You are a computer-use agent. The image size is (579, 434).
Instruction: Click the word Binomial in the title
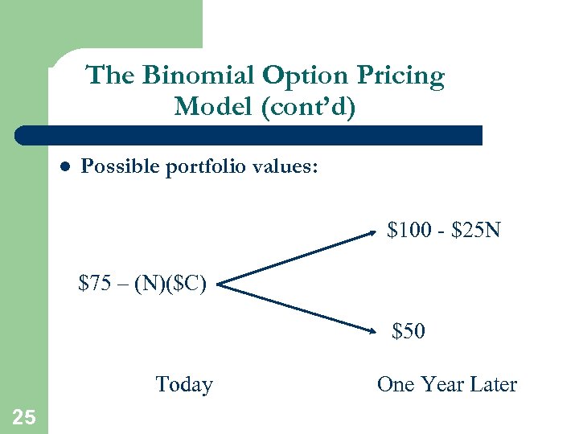coord(199,76)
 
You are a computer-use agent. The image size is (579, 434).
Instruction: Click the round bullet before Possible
coord(66,167)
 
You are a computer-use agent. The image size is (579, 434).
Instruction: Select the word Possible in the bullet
coord(121,167)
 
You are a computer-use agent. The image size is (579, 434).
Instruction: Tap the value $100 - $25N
coord(443,231)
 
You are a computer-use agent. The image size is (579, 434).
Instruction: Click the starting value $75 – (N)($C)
coord(143,283)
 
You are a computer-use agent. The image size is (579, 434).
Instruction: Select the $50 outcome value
coord(409,330)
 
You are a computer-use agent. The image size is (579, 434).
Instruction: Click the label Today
coord(184,384)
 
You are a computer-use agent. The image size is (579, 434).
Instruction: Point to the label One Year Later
coord(446,384)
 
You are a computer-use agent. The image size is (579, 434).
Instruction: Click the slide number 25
coord(24,416)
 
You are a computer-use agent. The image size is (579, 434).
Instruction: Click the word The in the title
coord(110,76)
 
